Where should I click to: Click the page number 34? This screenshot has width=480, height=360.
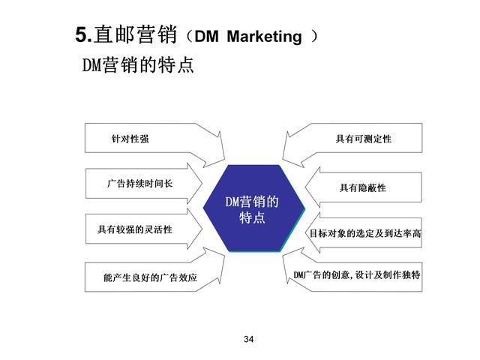point(248,339)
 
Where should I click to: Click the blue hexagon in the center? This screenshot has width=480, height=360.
point(254,208)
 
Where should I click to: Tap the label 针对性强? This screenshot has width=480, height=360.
point(130,139)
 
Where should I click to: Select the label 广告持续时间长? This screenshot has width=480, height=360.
point(140,183)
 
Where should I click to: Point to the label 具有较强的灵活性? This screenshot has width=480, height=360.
point(135,229)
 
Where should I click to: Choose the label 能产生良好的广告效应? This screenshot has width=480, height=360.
point(150,277)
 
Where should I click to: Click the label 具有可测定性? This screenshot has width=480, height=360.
point(363,139)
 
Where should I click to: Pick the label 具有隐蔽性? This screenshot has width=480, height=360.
point(363,187)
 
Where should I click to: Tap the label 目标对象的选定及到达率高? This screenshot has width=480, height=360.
point(365,233)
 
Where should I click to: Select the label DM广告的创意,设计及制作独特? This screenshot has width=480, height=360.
point(357,274)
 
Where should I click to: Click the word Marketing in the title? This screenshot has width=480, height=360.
point(265,37)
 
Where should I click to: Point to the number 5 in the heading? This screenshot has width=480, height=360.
point(81,34)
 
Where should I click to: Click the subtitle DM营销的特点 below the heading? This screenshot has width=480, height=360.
point(138,64)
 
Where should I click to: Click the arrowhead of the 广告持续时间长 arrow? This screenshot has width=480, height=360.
point(201,184)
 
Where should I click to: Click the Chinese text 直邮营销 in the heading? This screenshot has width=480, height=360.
point(136,34)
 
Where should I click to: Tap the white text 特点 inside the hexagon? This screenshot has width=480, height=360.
point(252,217)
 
